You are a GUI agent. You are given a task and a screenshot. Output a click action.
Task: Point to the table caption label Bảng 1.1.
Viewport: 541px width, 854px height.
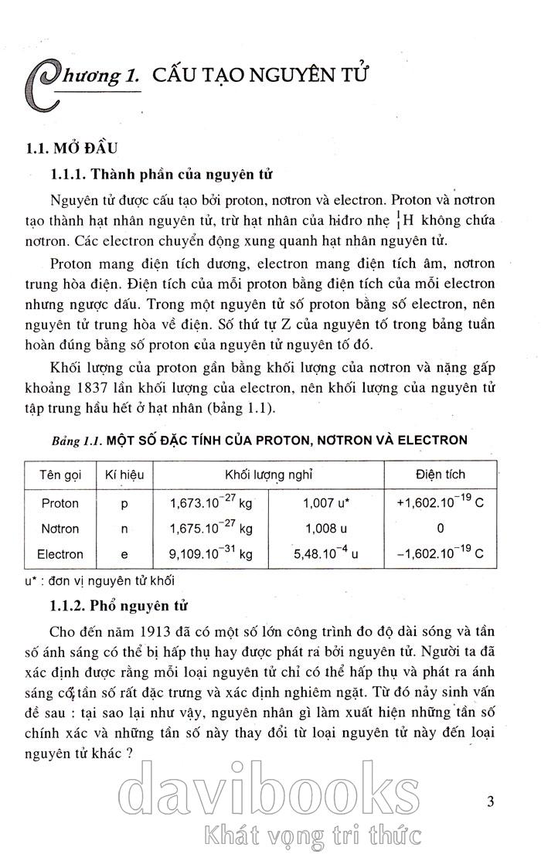tap(77, 441)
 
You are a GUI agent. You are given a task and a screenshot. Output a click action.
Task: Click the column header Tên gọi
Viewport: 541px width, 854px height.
tap(60, 474)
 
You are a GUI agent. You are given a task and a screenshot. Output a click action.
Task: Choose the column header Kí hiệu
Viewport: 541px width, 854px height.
tap(124, 474)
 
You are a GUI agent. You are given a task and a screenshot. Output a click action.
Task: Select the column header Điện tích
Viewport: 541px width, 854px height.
tap(440, 474)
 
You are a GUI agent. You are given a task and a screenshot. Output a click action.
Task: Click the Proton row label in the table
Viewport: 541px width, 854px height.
tap(60, 503)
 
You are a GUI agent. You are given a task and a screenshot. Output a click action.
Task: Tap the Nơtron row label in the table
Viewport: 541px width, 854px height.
tap(60, 529)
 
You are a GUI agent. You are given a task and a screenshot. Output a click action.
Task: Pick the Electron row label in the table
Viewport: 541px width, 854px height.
tap(60, 554)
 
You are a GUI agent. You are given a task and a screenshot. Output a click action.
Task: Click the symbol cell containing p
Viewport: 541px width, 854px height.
tap(124, 503)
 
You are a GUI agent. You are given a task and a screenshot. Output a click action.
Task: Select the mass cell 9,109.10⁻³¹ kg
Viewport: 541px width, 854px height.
tap(211, 553)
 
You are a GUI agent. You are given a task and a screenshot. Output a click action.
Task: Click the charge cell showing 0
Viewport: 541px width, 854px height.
tap(440, 529)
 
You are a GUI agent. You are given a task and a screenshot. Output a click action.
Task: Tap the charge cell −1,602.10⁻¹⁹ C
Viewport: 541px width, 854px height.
tap(440, 553)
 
